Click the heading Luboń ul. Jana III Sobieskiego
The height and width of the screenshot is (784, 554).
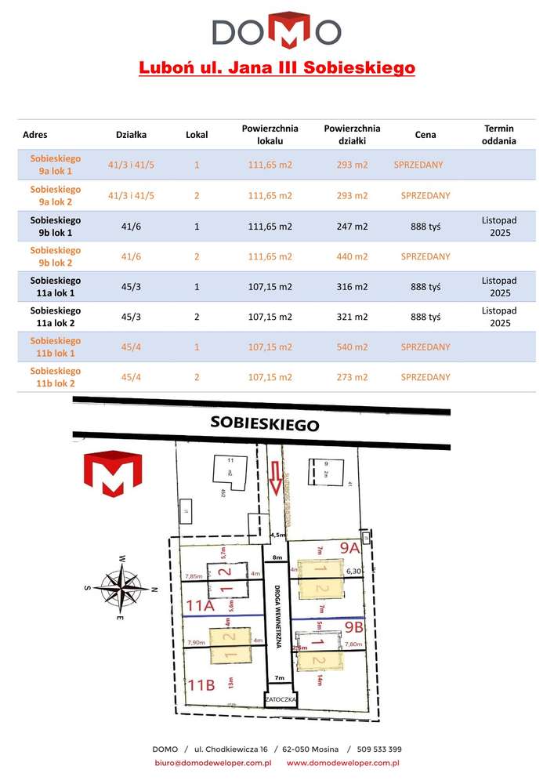coord(277,68)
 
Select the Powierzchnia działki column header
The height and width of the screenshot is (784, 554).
coord(352,134)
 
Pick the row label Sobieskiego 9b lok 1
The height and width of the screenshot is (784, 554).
coord(55,226)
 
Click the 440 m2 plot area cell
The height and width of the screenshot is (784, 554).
coord(352,256)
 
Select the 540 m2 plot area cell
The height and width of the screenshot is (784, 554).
coord(352,347)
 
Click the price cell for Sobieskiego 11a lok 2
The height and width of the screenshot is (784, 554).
coord(425,317)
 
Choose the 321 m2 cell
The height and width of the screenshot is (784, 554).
coord(352,317)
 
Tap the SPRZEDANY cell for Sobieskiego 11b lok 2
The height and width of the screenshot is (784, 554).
coord(425,377)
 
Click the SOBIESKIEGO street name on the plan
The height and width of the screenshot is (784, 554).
coord(265,424)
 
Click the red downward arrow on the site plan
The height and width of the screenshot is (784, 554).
coord(274,477)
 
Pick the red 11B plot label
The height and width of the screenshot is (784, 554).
coord(201,684)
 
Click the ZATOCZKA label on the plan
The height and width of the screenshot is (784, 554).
coord(280,696)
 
